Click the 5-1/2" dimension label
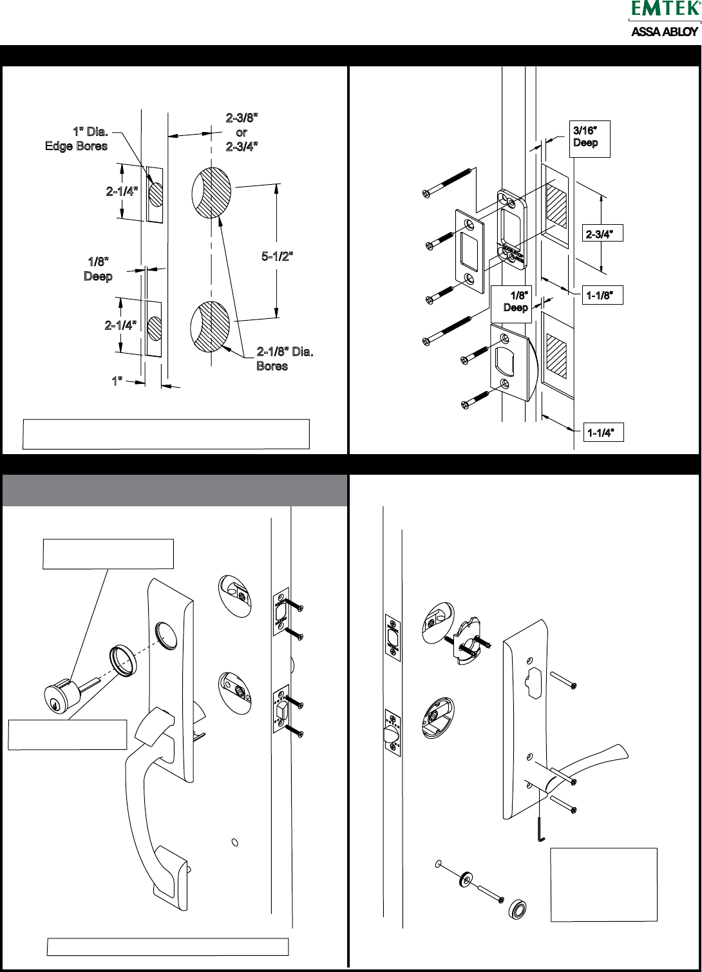[x=278, y=256]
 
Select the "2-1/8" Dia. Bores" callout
[x=285, y=359]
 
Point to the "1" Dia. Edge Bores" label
[x=77, y=139]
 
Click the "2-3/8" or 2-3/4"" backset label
[x=242, y=131]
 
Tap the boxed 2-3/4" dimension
[x=603, y=234]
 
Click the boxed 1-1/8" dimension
[x=603, y=296]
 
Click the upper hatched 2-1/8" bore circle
[x=211, y=192]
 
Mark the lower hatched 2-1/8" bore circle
[x=211, y=325]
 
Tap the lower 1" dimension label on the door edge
[x=117, y=381]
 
